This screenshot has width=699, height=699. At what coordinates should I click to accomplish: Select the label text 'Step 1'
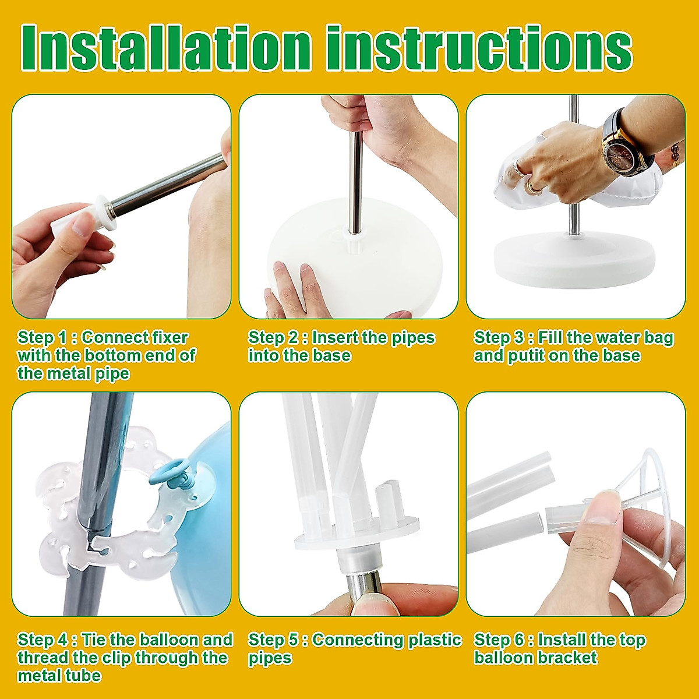click(42, 338)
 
